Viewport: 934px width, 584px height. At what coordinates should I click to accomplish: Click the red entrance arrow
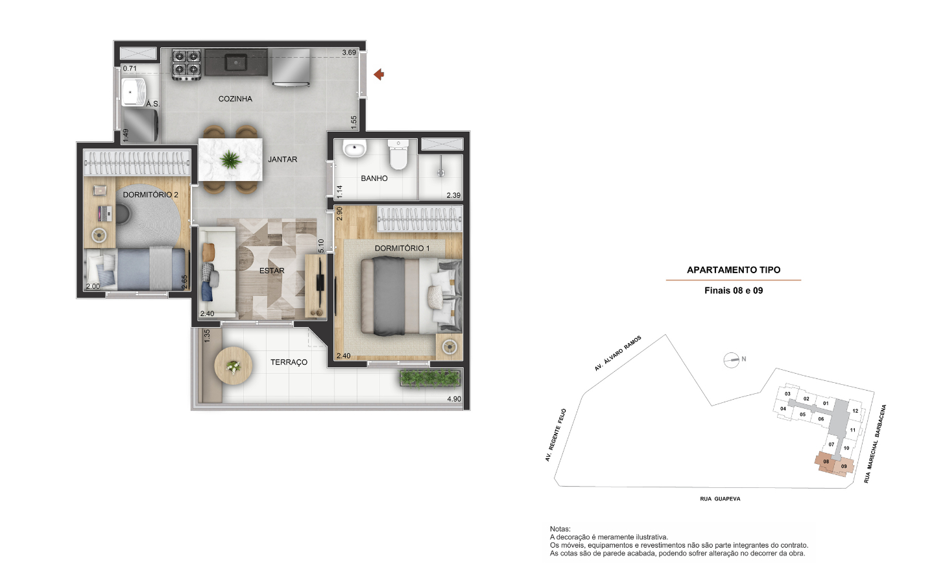[379, 75]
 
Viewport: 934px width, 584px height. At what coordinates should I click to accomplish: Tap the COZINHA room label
[235, 99]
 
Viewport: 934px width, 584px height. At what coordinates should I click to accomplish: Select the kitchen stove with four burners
[186, 64]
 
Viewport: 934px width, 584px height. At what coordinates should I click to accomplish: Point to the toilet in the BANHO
[398, 154]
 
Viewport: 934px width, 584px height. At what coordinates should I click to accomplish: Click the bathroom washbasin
[354, 149]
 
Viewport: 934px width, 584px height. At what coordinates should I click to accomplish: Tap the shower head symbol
[441, 172]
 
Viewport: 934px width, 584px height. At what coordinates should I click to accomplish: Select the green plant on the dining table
[230, 160]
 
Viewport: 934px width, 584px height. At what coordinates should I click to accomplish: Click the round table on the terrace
[233, 366]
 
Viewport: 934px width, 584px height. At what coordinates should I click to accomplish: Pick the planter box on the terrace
[430, 378]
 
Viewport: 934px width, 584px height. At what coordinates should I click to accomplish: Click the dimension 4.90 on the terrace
[454, 399]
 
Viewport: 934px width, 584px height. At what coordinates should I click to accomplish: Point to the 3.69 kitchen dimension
[349, 53]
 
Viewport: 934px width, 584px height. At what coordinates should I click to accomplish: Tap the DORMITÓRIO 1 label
[402, 248]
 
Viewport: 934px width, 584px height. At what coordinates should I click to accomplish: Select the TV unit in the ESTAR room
[316, 286]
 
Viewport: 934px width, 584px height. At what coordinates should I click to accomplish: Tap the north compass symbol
[731, 359]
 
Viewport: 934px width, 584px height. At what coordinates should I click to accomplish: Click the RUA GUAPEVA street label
[720, 498]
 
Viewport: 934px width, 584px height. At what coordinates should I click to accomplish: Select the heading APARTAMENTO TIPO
[734, 270]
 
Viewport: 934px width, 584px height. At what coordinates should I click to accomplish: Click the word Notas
[560, 529]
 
